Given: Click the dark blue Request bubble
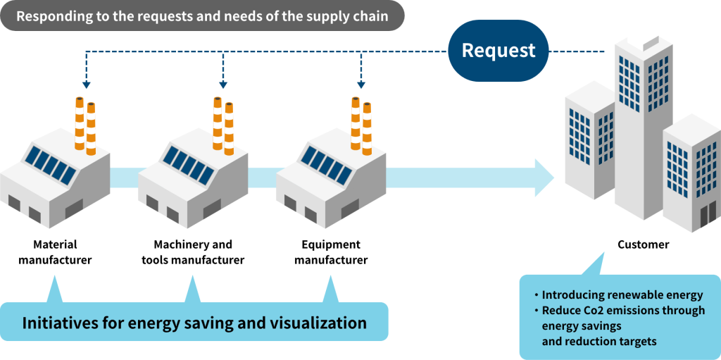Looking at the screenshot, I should (x=499, y=51).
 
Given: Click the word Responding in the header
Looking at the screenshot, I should (x=51, y=15).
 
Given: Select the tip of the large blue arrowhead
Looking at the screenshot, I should (x=553, y=178).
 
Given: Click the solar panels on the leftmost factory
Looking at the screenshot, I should (x=51, y=165).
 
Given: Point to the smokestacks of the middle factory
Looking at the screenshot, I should (x=223, y=125).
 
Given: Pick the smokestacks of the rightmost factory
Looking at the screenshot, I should (x=361, y=125).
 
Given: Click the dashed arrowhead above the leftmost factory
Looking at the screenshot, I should (x=85, y=85).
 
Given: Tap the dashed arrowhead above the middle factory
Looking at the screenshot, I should (x=223, y=85).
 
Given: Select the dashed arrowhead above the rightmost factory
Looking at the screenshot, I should (x=361, y=85).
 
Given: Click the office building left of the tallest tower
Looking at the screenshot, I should (x=590, y=141).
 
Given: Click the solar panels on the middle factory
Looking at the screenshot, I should (x=189, y=165).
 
